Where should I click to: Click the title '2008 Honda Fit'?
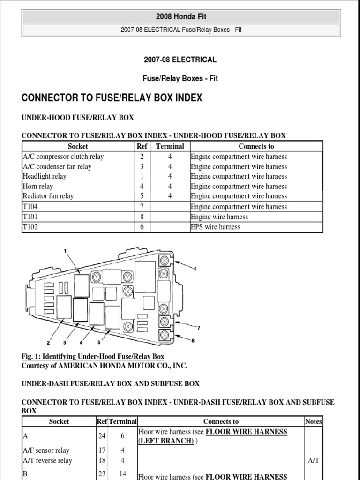click(x=181, y=16)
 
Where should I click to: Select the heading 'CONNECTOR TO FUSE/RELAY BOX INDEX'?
click(x=112, y=98)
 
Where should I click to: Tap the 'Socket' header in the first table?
click(x=78, y=146)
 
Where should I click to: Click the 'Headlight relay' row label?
click(x=45, y=176)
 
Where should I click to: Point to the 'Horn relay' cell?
click(x=38, y=186)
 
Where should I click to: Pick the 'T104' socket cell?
click(x=30, y=206)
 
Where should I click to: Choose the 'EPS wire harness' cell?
click(x=215, y=227)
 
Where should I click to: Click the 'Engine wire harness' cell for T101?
click(x=219, y=217)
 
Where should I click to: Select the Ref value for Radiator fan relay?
click(x=142, y=196)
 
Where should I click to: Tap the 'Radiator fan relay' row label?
click(x=48, y=196)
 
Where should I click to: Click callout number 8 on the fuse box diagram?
click(x=195, y=268)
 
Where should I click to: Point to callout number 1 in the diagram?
click(x=65, y=252)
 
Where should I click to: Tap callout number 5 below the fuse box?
click(x=98, y=342)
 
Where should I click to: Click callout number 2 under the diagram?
click(x=48, y=342)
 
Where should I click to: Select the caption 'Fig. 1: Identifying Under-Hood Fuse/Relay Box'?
click(x=93, y=357)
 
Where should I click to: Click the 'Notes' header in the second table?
click(x=313, y=421)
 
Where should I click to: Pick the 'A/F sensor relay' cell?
click(x=46, y=450)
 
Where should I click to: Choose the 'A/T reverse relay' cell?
click(x=47, y=460)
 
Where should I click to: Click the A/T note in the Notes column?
click(x=313, y=460)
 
